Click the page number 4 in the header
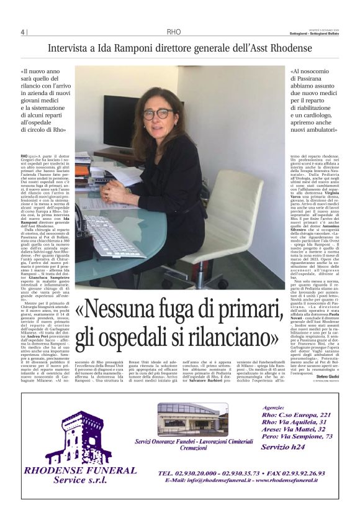tap(22, 32)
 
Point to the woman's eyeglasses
tap(158, 114)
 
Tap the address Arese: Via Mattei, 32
tap(297, 445)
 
